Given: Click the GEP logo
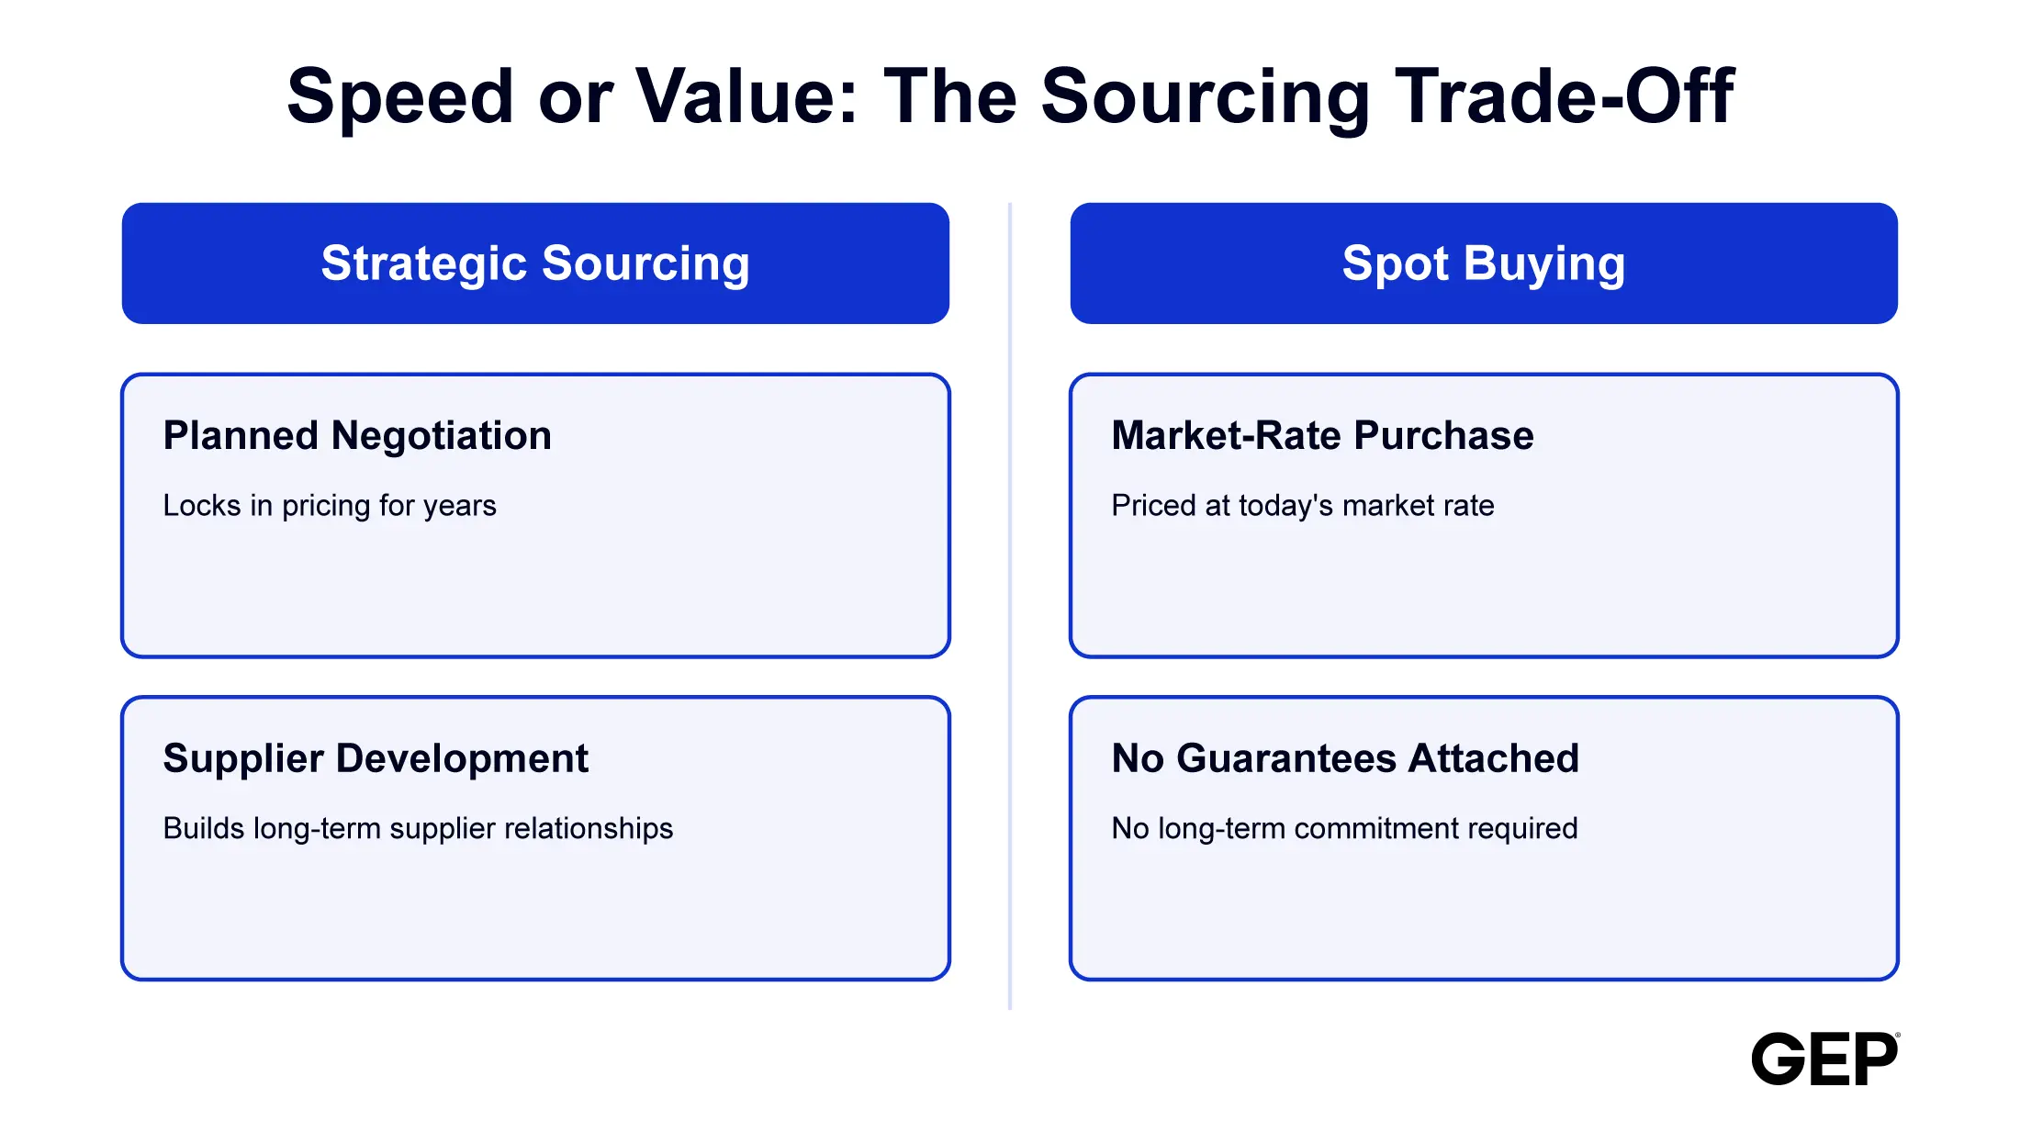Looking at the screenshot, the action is point(1825,1059).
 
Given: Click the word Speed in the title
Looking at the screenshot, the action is point(400,97).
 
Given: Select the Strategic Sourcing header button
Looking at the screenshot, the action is point(535,263).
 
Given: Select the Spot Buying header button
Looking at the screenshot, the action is point(1484,263).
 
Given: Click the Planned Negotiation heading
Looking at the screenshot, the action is point(357,436).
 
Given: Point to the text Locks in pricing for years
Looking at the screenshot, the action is point(330,506).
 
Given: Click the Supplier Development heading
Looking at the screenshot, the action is point(376,759).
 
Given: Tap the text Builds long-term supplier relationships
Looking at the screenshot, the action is point(418,829).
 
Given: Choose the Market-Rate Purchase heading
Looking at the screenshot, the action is point(1322,436).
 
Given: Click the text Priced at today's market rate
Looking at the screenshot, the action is point(1303,506).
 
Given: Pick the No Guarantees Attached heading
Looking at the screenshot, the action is point(1345,758).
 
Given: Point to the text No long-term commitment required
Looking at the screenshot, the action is point(1344,829).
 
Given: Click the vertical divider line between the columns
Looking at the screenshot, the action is point(1010,606).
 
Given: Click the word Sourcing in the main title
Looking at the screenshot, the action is point(1206,97).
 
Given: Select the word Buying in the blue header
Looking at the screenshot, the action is point(1544,265).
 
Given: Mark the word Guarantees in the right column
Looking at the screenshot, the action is point(1286,758).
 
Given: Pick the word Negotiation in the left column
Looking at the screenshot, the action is point(442,436).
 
